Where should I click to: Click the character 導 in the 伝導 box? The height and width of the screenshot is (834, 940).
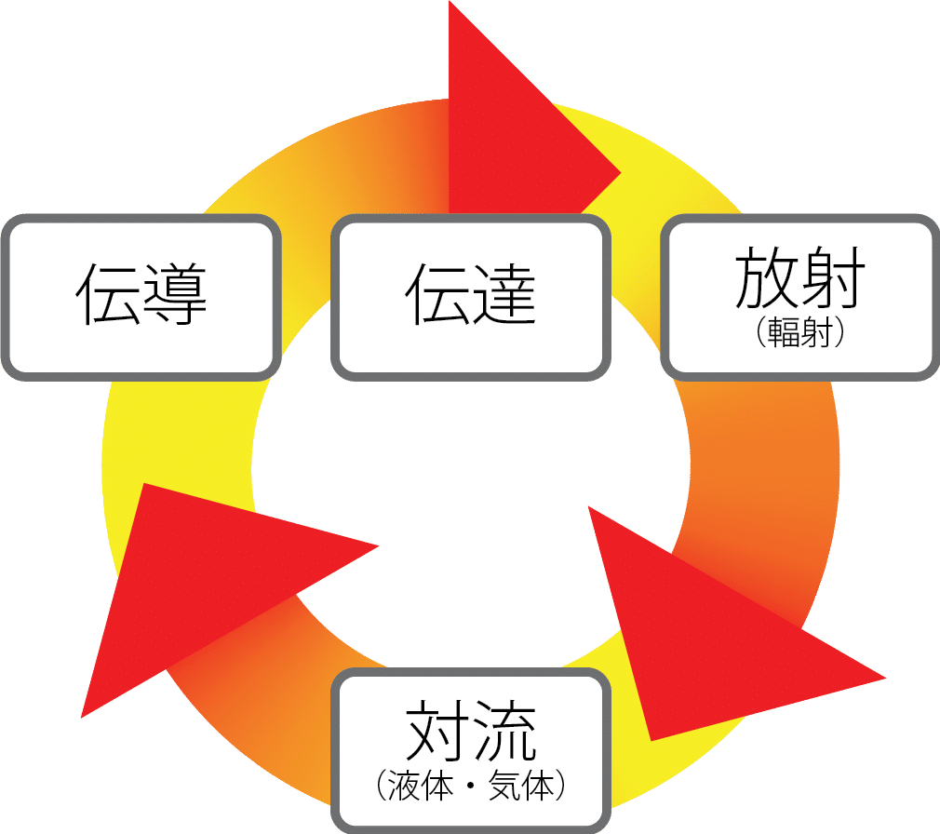tap(174, 294)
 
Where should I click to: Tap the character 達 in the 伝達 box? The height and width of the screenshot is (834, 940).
tap(504, 294)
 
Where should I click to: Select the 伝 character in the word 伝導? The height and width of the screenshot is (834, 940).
tap(108, 294)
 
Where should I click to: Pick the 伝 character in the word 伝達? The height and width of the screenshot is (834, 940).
tap(437, 294)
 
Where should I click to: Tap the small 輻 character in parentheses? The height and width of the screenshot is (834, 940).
tap(784, 333)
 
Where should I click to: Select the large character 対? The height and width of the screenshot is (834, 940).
tap(437, 733)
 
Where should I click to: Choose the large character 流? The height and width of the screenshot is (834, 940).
tap(504, 733)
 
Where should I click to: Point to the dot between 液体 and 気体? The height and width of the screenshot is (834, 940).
tap(471, 787)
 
